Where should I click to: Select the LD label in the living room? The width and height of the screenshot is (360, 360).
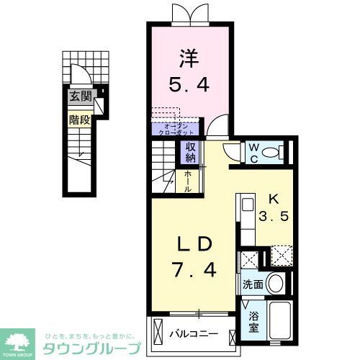coord(192,245)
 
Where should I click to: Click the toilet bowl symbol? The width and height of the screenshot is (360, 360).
coord(271,153)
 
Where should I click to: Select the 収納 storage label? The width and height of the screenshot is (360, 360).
coord(190,153)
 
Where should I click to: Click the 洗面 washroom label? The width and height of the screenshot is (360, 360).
coord(251,284)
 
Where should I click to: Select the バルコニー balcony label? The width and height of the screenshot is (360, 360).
coord(194,334)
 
